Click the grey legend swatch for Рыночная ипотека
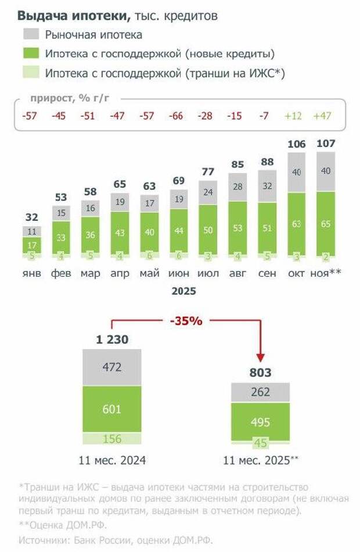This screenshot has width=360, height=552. pyautogui.click(x=31, y=35)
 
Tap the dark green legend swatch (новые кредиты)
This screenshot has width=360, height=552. pyautogui.click(x=31, y=54)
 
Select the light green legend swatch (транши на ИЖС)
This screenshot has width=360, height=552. pyautogui.click(x=31, y=73)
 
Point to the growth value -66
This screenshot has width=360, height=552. pyautogui.click(x=176, y=116)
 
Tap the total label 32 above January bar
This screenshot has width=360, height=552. pyautogui.click(x=32, y=217)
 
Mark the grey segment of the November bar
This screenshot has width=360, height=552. pyautogui.click(x=325, y=171)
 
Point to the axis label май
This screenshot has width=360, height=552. pyautogui.click(x=149, y=274)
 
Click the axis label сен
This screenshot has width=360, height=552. pyautogui.click(x=266, y=274)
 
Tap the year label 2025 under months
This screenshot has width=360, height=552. pyautogui.click(x=183, y=291)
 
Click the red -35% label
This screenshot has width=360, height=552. pyautogui.click(x=186, y=320)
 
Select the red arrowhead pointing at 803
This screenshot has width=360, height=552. pyautogui.click(x=261, y=356)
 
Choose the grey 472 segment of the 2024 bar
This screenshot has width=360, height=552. pyautogui.click(x=111, y=367)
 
